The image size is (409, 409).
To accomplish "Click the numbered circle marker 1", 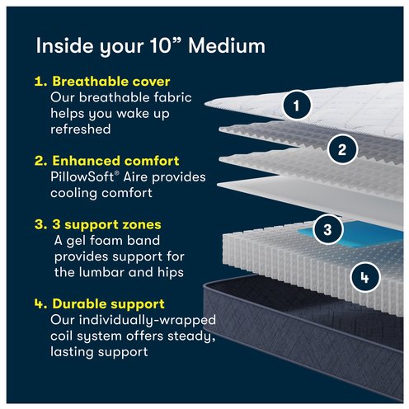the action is tap(297, 106).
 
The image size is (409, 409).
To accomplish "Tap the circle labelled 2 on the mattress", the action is tap(342, 149).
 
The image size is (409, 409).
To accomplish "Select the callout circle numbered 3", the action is tap(327, 229).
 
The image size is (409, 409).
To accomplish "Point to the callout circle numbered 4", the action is tap(364, 277).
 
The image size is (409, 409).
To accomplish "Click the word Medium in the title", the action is tap(227, 45).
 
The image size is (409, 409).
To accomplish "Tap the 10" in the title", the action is tap(166, 45).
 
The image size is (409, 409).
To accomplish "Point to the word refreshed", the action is tap(81, 129).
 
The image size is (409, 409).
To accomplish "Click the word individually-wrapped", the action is tap(148, 321).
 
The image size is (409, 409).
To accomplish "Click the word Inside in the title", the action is tap(66, 45).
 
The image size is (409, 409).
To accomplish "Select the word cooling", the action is tap(73, 193).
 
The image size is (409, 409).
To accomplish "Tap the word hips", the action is tap(171, 272).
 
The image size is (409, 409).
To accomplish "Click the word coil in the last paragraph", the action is tap(62, 336).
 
